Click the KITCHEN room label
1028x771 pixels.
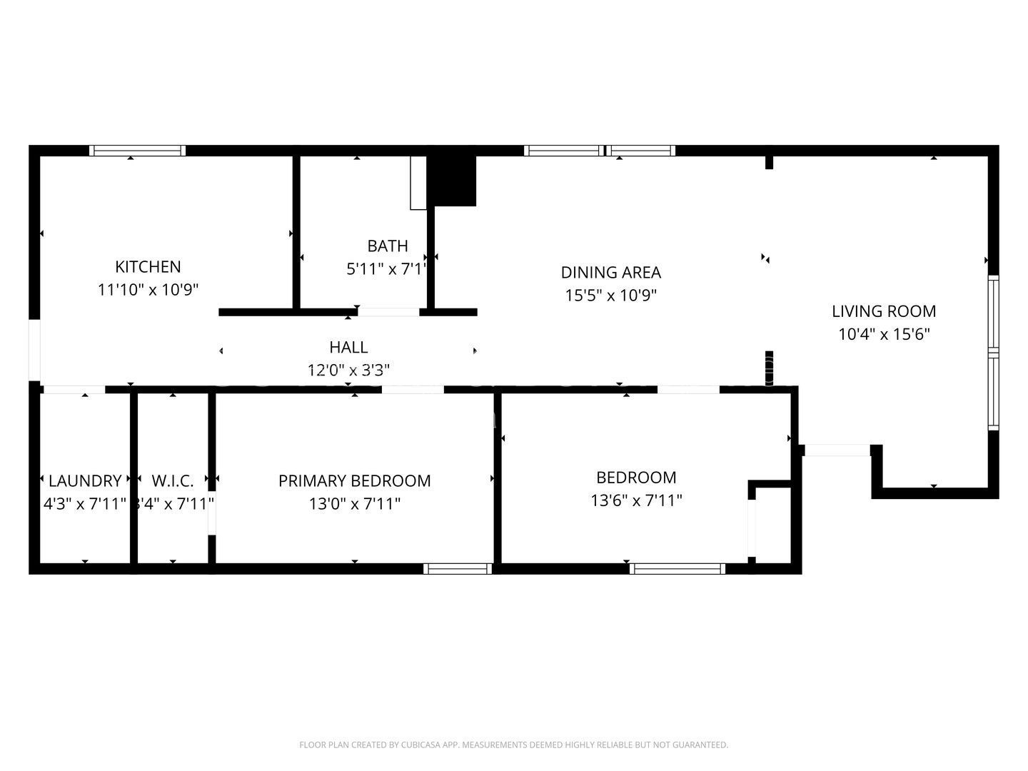pos(148,267)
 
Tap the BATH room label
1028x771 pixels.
pos(388,246)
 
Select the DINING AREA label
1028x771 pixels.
pos(610,273)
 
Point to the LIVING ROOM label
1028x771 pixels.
pos(884,311)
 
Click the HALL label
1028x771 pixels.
pos(348,348)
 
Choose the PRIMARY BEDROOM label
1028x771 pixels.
pos(354,481)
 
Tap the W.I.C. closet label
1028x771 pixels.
pos(173,481)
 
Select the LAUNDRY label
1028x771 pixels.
pos(85,481)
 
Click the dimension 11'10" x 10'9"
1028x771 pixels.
pos(148,290)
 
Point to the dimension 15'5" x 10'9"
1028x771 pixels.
pos(610,296)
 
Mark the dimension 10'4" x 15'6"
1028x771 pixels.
pos(884,334)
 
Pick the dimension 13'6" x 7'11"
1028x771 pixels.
pos(636,500)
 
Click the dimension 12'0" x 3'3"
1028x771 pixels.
pos(348,371)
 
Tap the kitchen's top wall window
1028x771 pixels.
pos(137,151)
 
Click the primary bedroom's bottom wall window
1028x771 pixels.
pos(458,569)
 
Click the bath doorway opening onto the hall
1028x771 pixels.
pos(388,312)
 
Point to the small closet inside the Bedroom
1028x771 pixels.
pos(772,523)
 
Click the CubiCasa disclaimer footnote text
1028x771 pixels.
pos(513,745)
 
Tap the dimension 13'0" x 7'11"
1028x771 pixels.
pos(354,504)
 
